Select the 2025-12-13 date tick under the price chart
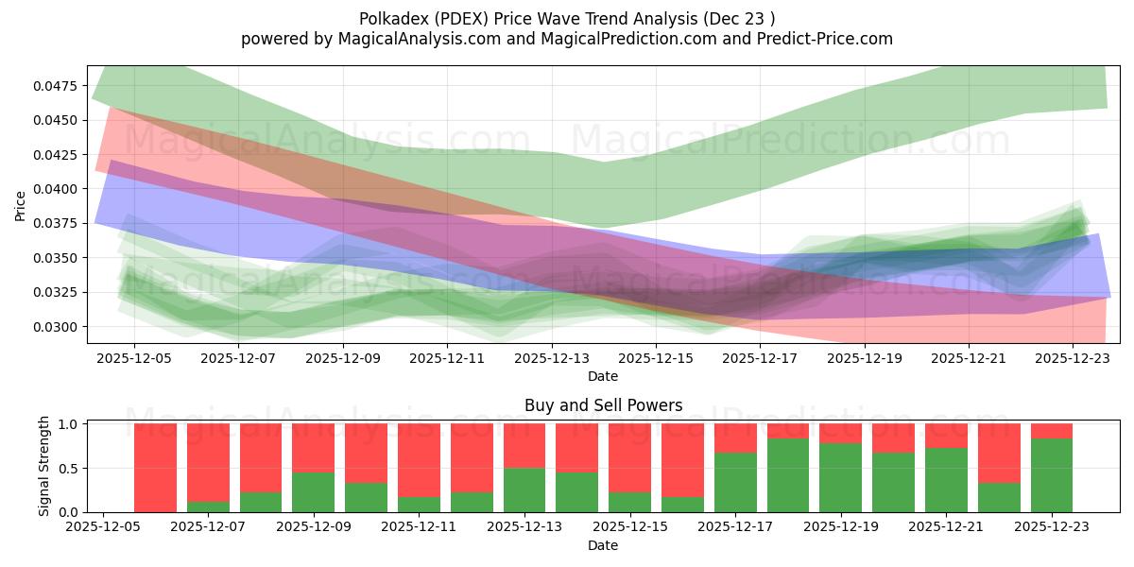tap(552, 359)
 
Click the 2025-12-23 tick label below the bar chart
tap(1051, 528)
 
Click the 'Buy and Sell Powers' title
tap(603, 406)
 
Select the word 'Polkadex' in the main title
tap(391, 19)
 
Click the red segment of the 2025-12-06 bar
tap(156, 467)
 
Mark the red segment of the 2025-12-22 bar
tap(999, 453)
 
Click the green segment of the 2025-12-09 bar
tap(314, 491)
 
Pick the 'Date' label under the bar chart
tap(603, 546)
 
